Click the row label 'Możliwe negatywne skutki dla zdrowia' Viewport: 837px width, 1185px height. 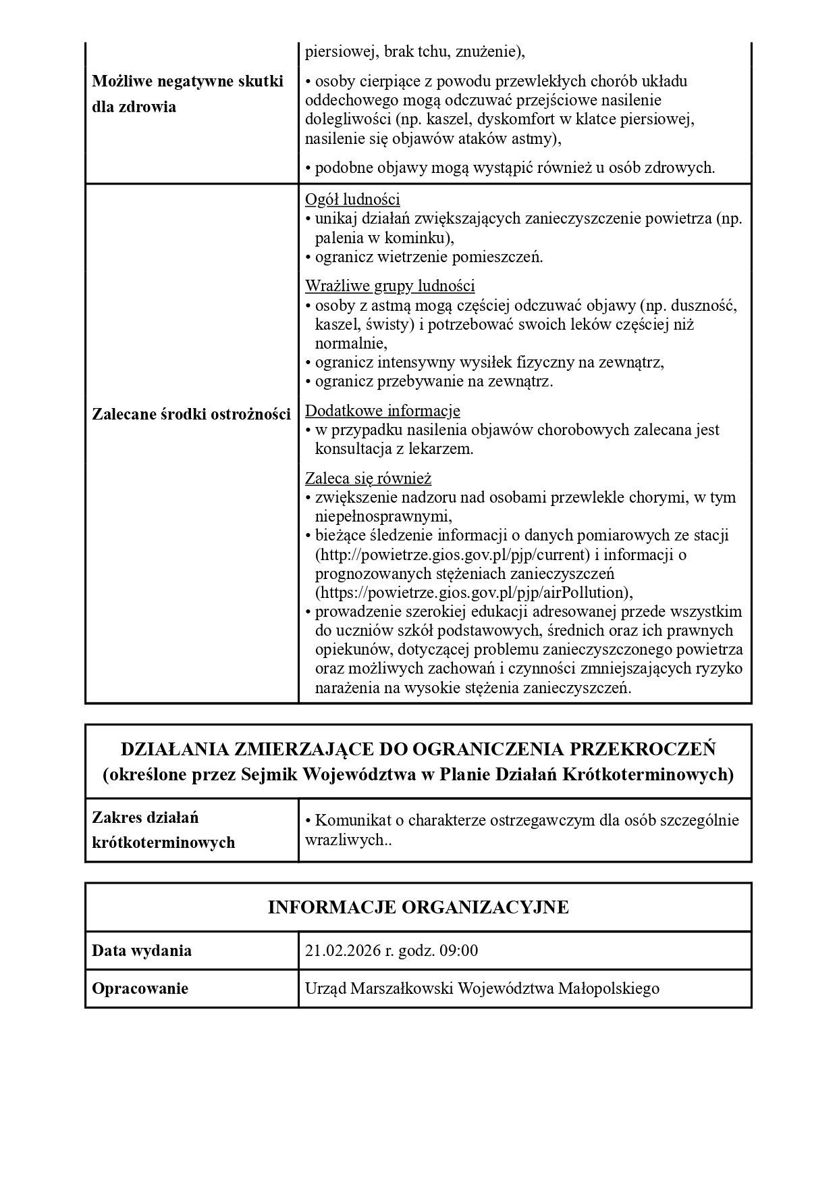[187, 94]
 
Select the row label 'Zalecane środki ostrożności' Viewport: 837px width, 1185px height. [191, 414]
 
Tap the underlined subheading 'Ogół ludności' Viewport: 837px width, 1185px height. [352, 199]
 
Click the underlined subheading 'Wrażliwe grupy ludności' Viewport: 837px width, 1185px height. [389, 286]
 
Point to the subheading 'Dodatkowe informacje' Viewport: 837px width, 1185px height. [382, 410]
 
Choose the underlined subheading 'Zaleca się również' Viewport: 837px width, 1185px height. [368, 478]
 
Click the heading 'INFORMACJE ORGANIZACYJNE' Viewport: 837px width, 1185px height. [418, 907]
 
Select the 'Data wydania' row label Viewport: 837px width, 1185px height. [142, 951]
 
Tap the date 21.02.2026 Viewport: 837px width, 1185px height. [342, 951]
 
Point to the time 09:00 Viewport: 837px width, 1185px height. [458, 951]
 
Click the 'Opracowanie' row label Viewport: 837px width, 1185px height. [140, 988]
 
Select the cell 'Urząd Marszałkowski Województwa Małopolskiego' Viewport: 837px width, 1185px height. [482, 988]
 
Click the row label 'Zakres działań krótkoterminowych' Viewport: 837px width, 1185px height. [163, 830]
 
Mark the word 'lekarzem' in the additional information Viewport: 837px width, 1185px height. [441, 449]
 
